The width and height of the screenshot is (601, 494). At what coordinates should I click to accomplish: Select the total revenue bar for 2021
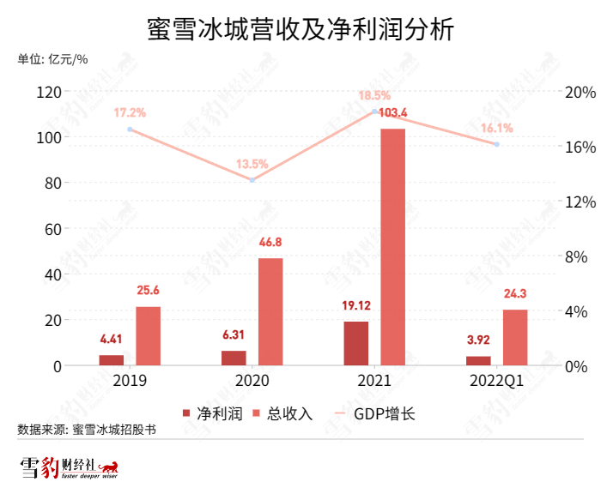[392, 247]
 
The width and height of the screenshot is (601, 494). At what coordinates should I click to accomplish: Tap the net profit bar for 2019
[112, 360]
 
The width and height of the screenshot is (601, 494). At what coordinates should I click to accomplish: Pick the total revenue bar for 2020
[270, 312]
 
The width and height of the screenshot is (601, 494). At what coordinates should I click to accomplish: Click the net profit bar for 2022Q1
[478, 361]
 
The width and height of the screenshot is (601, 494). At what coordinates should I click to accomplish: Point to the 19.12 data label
[355, 307]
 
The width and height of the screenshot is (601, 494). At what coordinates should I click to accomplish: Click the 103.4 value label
[392, 112]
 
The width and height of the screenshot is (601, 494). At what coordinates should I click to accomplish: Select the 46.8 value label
[270, 243]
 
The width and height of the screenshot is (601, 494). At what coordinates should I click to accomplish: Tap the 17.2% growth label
[130, 112]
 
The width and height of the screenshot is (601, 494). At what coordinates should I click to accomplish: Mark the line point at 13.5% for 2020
[252, 180]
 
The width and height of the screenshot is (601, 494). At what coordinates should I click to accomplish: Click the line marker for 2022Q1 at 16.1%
[496, 144]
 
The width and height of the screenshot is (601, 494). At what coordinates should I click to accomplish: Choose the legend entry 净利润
[215, 414]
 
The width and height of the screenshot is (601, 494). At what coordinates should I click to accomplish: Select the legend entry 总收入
[288, 414]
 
